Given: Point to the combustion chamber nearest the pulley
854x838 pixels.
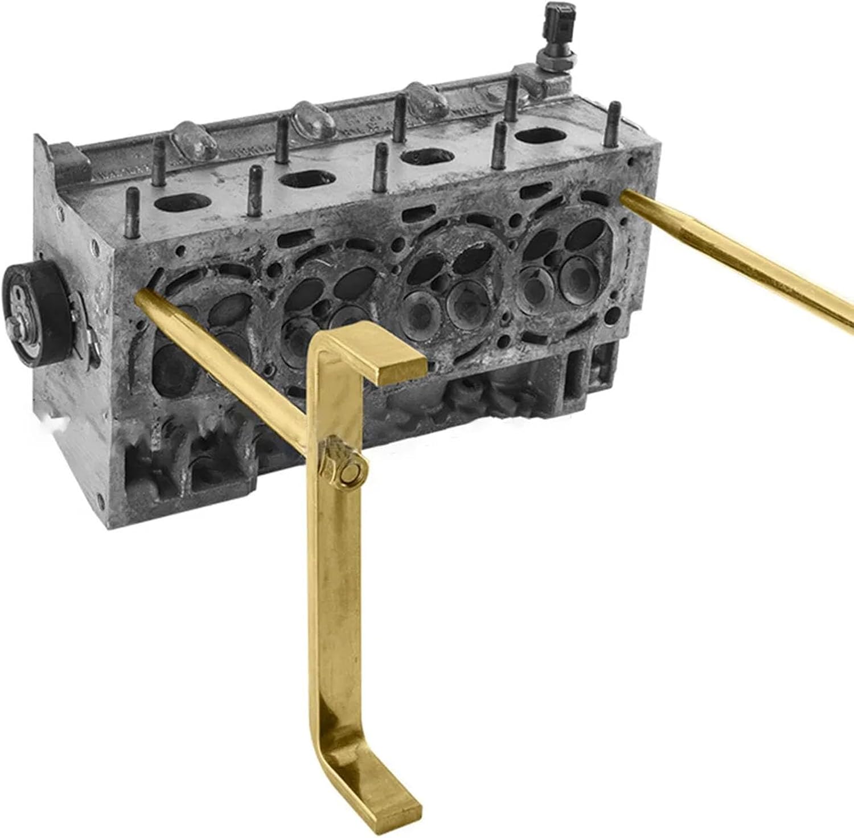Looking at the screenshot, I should tap(194, 342).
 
